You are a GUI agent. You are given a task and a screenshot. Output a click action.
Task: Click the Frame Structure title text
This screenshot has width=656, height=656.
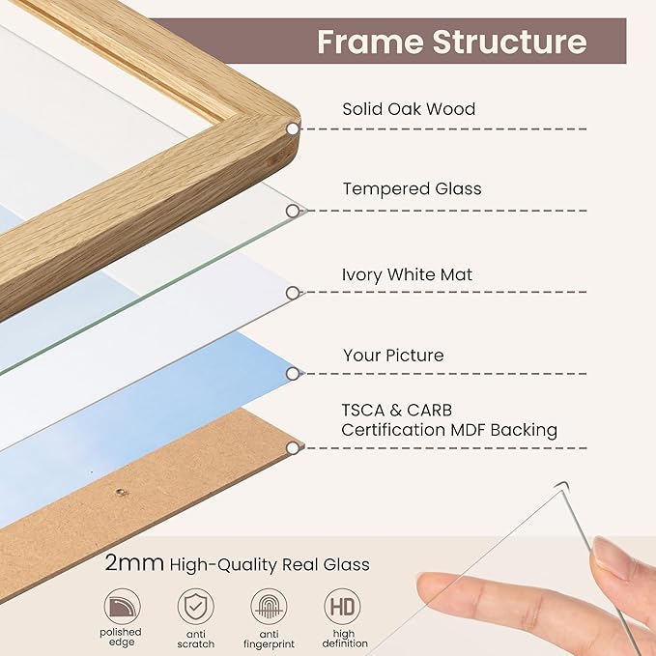(x=451, y=42)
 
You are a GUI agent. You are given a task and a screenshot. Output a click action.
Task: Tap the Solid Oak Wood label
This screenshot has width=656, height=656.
(x=409, y=109)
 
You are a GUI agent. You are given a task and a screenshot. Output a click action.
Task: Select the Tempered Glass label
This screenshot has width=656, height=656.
(x=412, y=188)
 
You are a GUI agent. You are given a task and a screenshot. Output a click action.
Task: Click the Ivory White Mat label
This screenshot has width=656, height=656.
(x=408, y=274)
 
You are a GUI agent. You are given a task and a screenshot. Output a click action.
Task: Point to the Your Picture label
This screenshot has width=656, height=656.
(x=393, y=356)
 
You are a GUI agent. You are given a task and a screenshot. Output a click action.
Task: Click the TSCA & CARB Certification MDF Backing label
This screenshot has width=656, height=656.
(x=449, y=420)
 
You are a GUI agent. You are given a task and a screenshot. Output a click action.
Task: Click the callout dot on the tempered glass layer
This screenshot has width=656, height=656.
(x=292, y=210)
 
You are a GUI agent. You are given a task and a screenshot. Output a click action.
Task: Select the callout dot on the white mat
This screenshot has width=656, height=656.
(x=292, y=292)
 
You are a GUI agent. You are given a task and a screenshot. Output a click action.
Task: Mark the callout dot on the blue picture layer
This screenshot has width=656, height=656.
(x=292, y=373)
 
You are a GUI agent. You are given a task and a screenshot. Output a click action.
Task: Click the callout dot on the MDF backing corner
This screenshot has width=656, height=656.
(x=292, y=447)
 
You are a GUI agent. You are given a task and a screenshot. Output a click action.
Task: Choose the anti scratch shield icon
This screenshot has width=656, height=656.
(x=196, y=607)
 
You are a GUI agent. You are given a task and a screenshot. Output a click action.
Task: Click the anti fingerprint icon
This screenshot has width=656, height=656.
(x=269, y=607)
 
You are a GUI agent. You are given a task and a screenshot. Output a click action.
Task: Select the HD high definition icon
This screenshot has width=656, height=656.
(x=342, y=607)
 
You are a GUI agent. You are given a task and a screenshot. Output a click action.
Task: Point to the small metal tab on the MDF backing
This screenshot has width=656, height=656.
(x=121, y=492)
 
